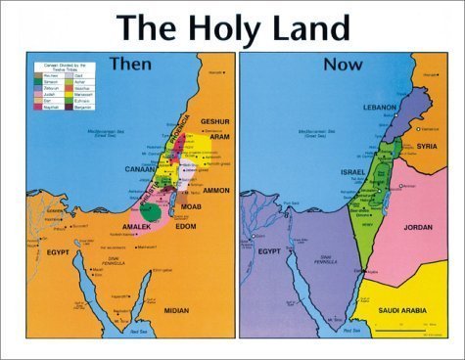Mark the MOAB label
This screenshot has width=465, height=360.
click(191, 208)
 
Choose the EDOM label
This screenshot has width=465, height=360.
click(186, 227)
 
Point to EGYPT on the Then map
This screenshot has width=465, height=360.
click(61, 252)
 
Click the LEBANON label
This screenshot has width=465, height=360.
click(378, 105)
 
